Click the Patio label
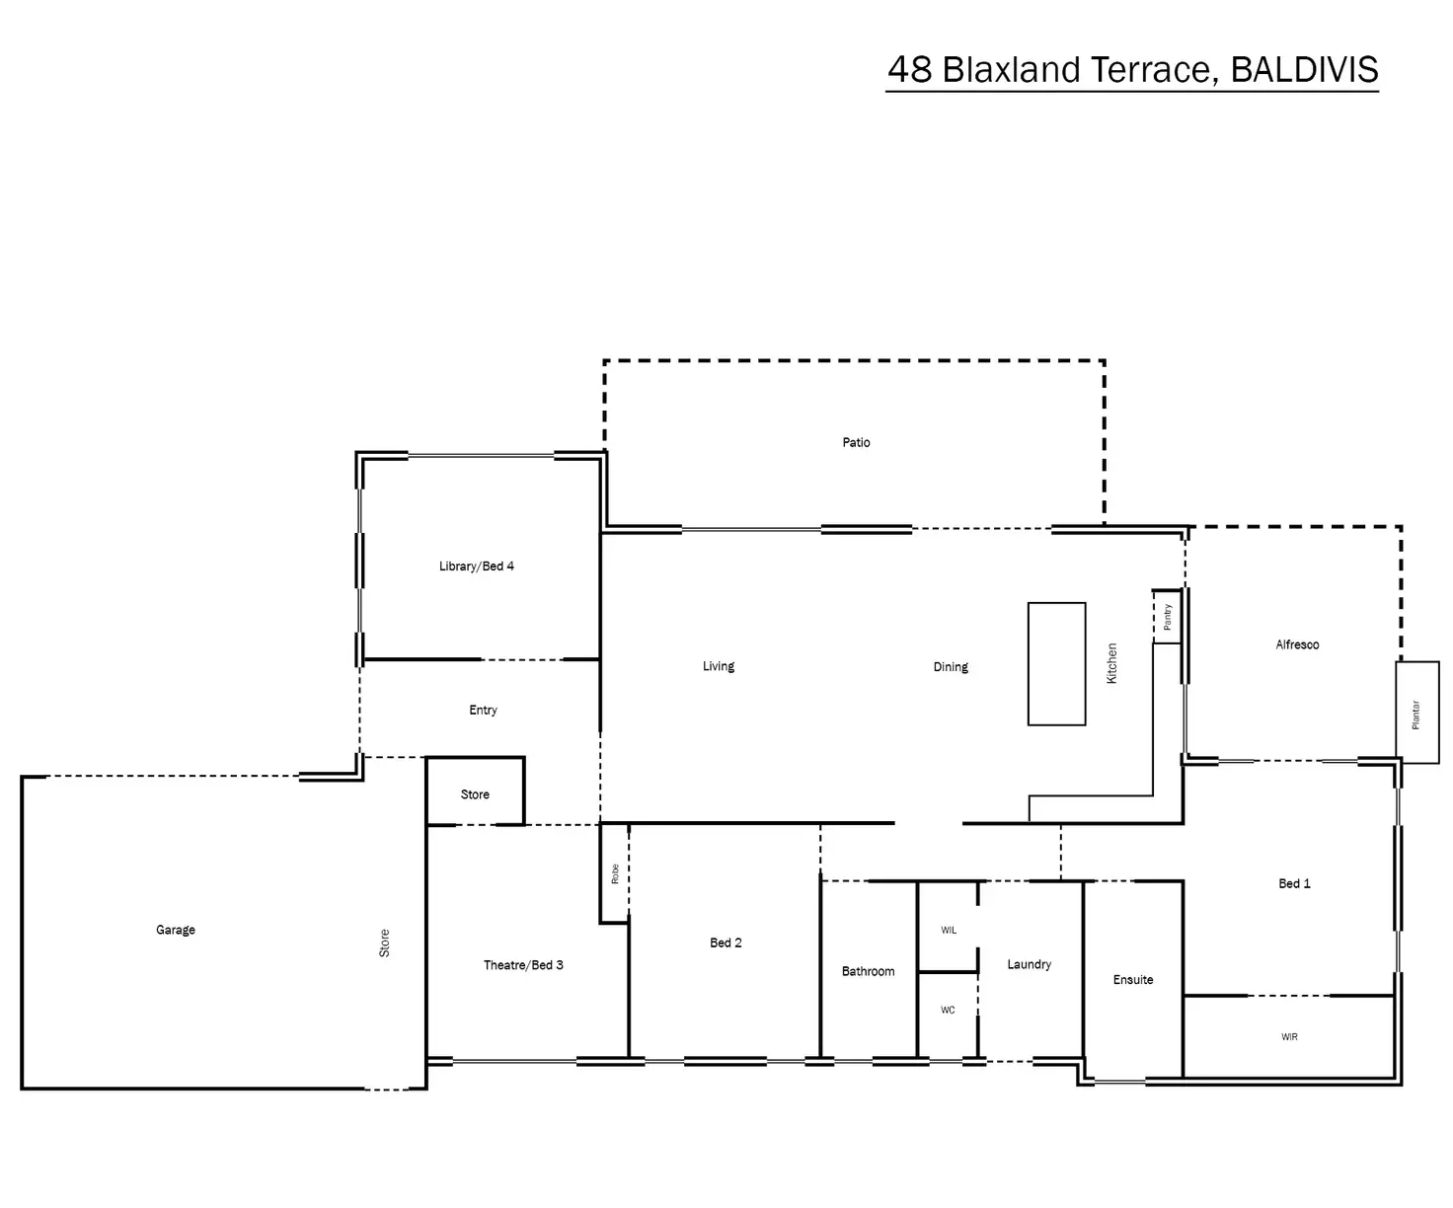(x=856, y=442)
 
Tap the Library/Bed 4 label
(x=476, y=566)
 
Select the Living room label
(x=719, y=666)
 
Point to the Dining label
(x=951, y=667)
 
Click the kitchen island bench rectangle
(x=1056, y=664)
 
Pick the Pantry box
(x=1167, y=617)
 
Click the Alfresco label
(x=1297, y=644)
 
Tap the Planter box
(x=1416, y=713)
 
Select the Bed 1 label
(x=1294, y=883)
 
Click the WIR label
(x=1289, y=1037)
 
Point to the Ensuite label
(x=1133, y=980)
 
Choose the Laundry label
(x=1029, y=964)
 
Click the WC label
(x=948, y=1010)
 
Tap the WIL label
(x=949, y=930)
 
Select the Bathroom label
(x=868, y=971)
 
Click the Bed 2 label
(x=726, y=943)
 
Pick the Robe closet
(x=614, y=873)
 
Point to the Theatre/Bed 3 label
(x=523, y=965)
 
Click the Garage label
(x=176, y=930)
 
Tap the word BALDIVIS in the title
(x=1304, y=70)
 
